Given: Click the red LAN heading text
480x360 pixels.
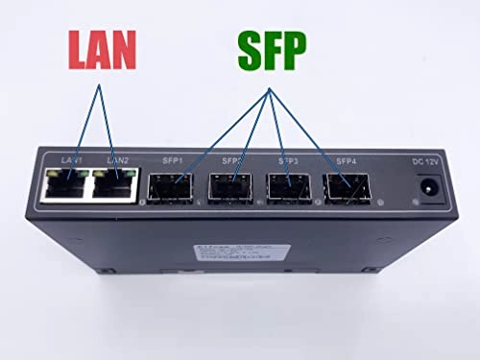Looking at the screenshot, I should (x=102, y=49).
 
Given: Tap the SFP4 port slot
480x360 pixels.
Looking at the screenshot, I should (x=344, y=188).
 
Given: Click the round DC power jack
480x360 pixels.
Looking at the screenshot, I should (x=423, y=194).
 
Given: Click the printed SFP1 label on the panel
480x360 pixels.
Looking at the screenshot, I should (x=175, y=160).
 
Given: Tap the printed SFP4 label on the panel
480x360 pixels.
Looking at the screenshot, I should (x=344, y=160).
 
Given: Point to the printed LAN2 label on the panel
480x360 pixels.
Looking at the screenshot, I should (x=118, y=159).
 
